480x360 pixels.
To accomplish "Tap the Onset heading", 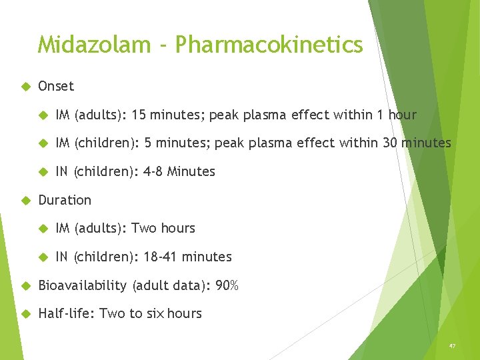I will pos(56,86).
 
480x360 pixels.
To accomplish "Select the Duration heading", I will pos(65,200).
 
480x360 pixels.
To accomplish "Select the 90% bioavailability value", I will pos(227,285).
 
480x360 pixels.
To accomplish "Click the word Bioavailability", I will pos(82,285).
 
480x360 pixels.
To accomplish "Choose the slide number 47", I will pos(452,346).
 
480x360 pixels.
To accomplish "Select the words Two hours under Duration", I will pos(163,228).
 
